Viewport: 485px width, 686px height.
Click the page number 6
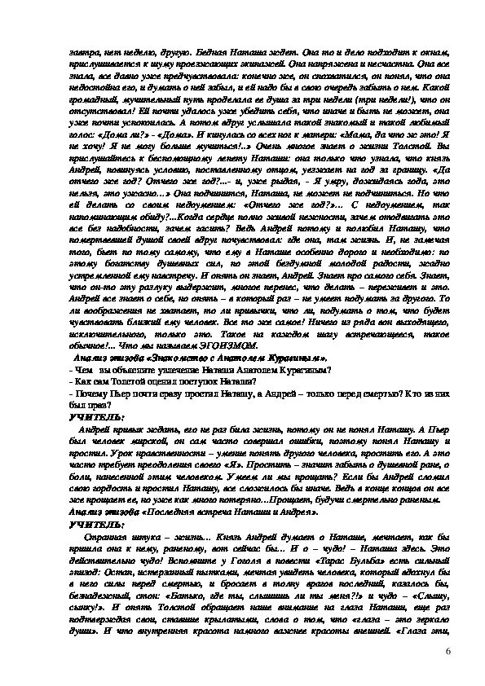(x=448, y=652)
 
